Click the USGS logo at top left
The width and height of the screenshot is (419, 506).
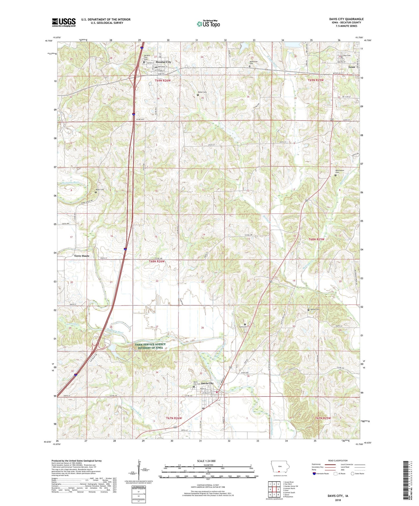coord(64,22)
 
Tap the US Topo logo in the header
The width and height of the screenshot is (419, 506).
coord(208,24)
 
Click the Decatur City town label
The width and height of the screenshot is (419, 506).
coord(163,62)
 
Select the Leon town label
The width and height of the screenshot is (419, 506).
coord(351,67)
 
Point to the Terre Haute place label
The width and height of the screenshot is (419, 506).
coord(81,256)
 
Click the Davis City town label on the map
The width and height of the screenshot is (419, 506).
coord(207,383)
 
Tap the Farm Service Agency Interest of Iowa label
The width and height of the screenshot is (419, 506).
coord(150,346)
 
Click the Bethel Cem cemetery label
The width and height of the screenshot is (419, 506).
coord(315,309)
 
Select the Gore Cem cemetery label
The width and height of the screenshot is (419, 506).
coord(242,327)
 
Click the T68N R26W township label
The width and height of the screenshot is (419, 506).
coord(157,261)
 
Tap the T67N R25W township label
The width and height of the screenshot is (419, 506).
coord(323,418)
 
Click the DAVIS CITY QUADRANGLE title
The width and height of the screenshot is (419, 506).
coord(346,19)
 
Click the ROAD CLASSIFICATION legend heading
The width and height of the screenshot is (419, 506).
coord(338,461)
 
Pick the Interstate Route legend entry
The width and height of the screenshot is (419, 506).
coord(321,474)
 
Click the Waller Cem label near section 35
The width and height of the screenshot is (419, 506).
coord(202,92)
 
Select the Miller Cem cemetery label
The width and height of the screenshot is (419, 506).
coord(99,190)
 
